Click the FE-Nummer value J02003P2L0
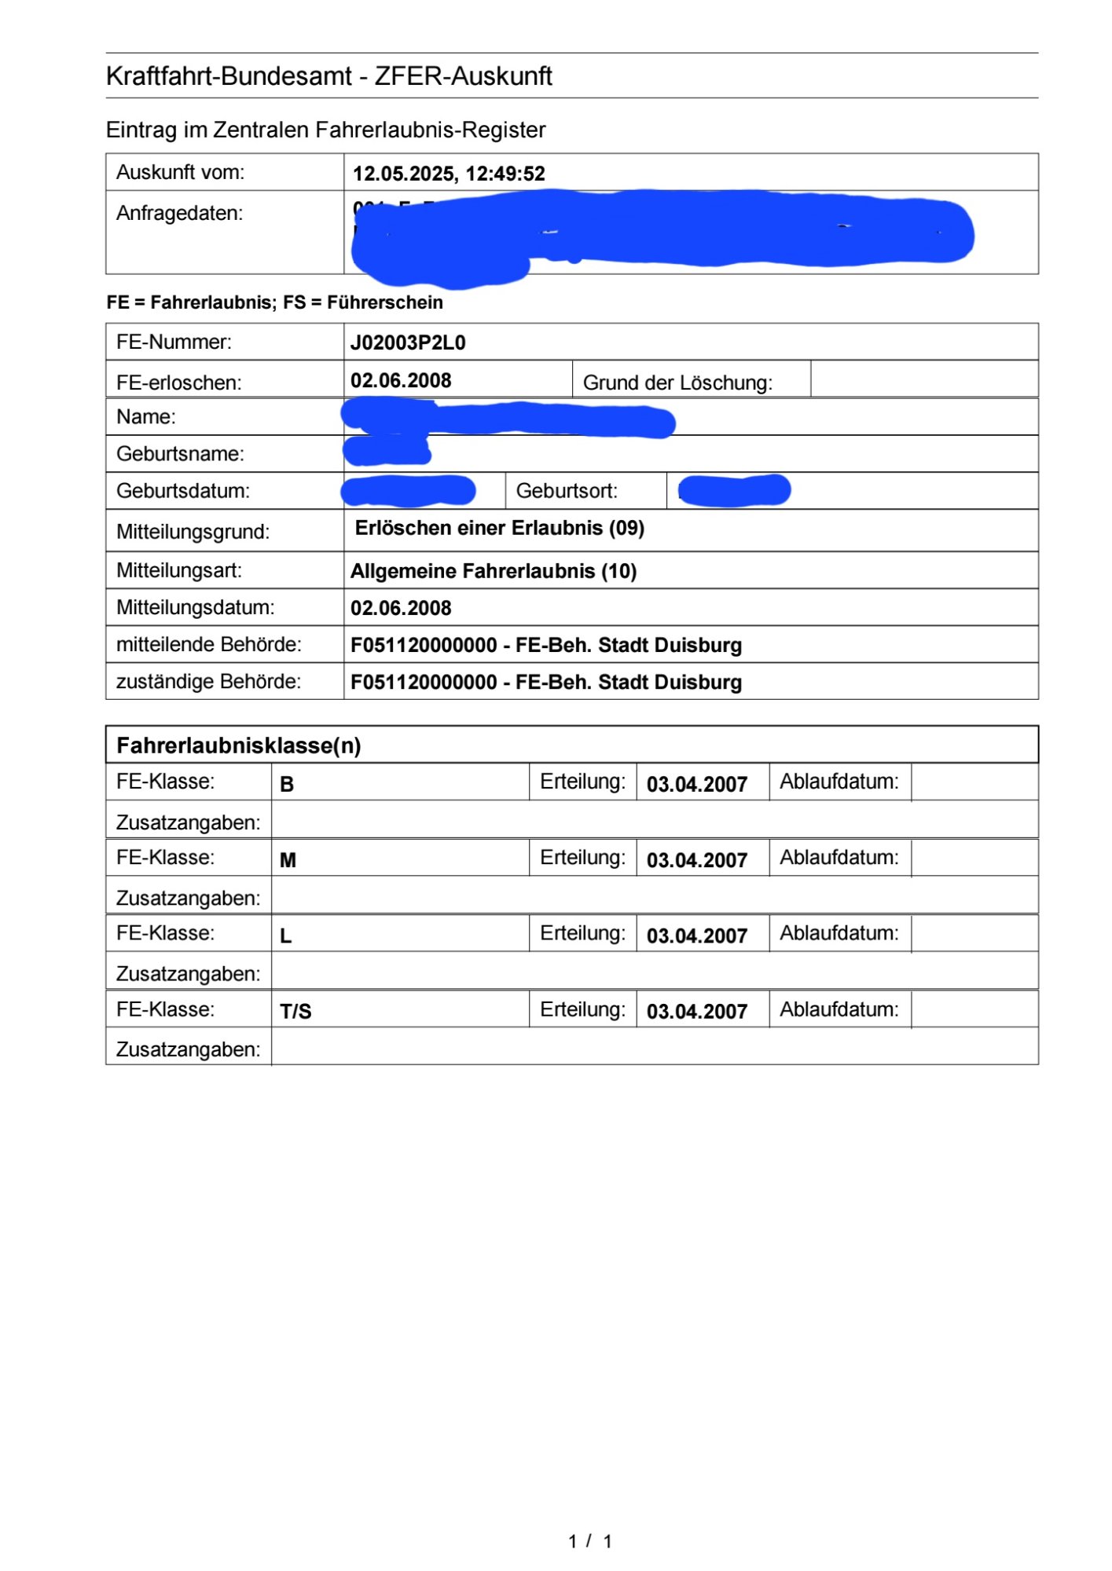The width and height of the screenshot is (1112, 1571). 408,342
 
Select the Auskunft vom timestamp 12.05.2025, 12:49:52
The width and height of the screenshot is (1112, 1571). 449,174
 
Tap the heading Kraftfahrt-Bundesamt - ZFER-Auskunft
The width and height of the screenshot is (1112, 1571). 328,76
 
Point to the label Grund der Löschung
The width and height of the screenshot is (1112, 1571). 677,383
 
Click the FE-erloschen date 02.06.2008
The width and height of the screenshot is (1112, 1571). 401,381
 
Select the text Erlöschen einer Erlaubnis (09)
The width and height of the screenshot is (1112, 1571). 500,528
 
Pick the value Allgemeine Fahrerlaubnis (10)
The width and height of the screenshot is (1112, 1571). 494,571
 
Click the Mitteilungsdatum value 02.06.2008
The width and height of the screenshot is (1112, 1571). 401,608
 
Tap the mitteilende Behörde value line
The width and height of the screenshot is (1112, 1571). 545,645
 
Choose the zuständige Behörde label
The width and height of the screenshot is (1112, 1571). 208,681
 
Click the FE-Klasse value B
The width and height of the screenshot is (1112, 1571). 287,785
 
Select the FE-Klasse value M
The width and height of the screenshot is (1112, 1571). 288,860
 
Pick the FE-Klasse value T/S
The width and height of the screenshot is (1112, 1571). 295,1011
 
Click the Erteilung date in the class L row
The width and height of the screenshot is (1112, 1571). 696,936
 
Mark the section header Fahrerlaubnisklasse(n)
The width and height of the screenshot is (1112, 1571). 239,745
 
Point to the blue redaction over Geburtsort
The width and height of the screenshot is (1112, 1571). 734,490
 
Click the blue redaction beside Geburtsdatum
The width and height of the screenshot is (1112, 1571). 409,491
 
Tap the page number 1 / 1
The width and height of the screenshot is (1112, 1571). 590,1541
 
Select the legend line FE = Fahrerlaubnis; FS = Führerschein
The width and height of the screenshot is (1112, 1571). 275,302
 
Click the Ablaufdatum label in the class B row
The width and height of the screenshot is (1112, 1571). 839,782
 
